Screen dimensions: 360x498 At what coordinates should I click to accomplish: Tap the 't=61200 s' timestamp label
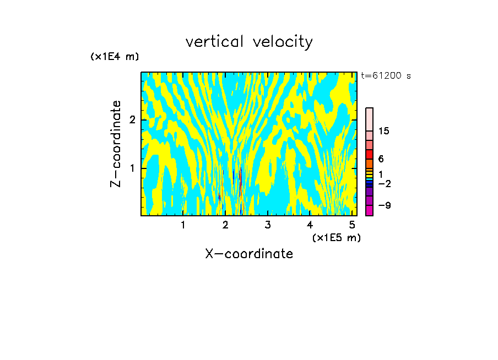click(386, 76)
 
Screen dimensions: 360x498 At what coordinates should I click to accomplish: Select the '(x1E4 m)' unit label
click(115, 57)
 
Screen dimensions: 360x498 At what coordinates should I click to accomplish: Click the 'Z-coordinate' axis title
click(116, 144)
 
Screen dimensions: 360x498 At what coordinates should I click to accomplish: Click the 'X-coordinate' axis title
click(249, 254)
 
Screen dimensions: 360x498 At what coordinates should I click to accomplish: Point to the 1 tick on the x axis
click(183, 225)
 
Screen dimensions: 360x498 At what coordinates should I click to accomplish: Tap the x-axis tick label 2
click(225, 225)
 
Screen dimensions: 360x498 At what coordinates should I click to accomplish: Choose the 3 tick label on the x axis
click(268, 225)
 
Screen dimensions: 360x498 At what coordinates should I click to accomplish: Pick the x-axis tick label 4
click(310, 225)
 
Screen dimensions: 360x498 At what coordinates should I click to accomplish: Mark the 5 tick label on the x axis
click(352, 225)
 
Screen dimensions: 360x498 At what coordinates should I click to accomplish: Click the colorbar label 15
click(384, 131)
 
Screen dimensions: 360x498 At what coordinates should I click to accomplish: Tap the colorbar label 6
click(381, 159)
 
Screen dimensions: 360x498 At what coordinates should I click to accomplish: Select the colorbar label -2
click(384, 183)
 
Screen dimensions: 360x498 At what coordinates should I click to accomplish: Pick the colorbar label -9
click(384, 205)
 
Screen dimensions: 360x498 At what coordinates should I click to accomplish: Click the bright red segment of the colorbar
click(369, 154)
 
